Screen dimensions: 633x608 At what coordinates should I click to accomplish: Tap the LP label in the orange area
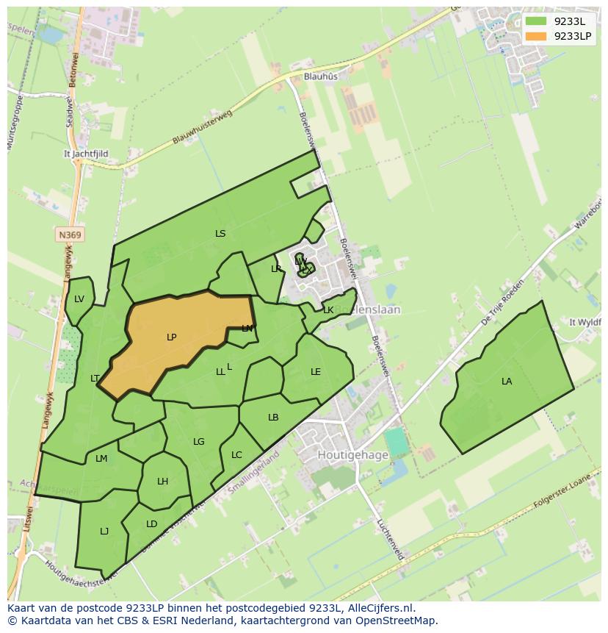[x=171, y=337]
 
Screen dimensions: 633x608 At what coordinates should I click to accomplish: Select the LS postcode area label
[x=220, y=234]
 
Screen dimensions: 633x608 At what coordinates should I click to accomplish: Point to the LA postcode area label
[x=507, y=381]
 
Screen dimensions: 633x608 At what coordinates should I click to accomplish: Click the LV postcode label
[x=79, y=298]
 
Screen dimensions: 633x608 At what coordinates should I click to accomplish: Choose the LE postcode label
[x=316, y=372]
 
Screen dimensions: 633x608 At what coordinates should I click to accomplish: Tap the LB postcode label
[x=273, y=418]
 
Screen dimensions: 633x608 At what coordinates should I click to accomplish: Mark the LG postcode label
[x=199, y=442]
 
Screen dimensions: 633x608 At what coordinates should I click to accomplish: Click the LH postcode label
[x=162, y=482]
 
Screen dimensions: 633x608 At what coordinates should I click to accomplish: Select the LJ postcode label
[x=104, y=531]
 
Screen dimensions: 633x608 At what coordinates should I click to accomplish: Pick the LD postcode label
[x=151, y=524]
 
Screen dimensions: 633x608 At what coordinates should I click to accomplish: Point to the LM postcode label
[x=101, y=459]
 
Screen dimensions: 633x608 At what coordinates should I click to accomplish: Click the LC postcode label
[x=236, y=455]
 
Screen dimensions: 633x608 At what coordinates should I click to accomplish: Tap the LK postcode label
[x=328, y=310]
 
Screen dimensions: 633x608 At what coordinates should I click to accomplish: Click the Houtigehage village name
[x=352, y=455]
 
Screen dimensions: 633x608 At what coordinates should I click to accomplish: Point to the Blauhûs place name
[x=321, y=76]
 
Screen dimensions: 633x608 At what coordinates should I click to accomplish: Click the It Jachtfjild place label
[x=86, y=154]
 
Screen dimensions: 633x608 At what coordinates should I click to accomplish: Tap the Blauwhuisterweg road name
[x=202, y=127]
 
